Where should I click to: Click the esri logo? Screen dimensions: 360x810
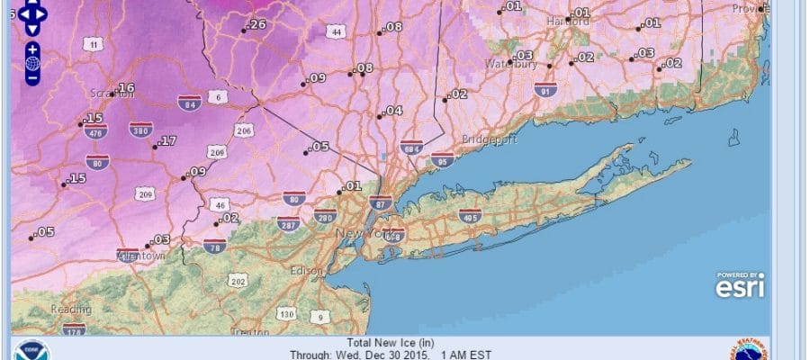coord(739,284)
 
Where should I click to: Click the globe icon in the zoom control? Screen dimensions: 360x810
coord(32,63)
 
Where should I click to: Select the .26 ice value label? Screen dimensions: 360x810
coord(256,24)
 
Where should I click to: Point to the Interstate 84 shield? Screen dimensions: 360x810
coord(188,102)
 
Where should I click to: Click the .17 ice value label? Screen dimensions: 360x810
coord(166,141)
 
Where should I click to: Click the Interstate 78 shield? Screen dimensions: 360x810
coord(214,246)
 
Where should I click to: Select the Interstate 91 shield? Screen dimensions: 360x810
coord(542,91)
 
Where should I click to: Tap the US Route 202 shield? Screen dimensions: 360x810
coord(238,282)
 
